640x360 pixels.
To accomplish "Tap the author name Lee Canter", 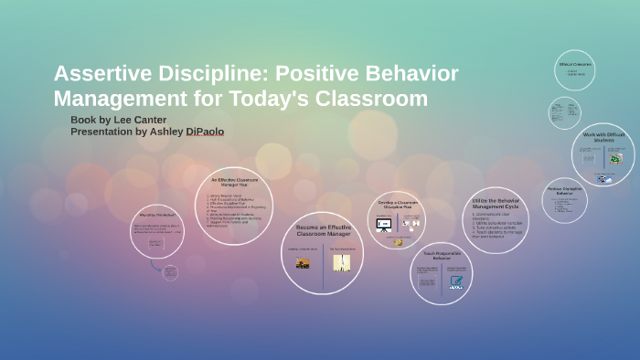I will [138, 120].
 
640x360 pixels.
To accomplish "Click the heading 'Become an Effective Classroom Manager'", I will [323, 230].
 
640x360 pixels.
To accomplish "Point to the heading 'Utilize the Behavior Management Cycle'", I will [496, 203].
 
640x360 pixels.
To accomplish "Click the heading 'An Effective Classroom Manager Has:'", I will [235, 182].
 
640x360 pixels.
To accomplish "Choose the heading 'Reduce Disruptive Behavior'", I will [565, 191].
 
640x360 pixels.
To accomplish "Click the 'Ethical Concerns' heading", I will [575, 64].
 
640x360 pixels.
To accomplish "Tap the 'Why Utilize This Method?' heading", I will [157, 217].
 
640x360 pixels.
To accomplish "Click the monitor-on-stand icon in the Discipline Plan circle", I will [384, 224].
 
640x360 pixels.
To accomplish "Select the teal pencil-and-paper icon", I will [455, 281].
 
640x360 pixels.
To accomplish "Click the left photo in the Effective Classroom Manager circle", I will [303, 262].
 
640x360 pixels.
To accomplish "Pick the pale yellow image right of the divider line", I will [342, 262].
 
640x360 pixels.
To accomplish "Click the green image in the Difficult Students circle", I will [615, 160].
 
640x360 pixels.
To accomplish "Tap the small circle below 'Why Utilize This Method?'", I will [169, 271].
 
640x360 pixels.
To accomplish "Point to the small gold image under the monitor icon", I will [398, 242].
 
